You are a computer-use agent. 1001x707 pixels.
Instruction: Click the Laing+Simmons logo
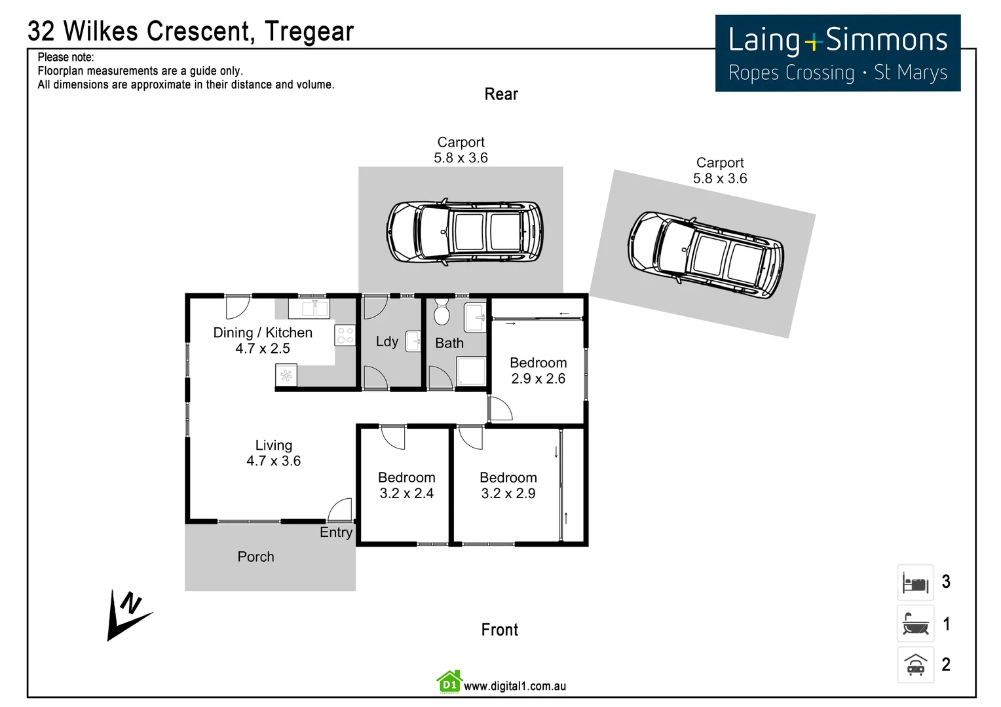click(837, 54)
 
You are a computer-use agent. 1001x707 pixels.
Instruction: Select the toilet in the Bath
click(442, 312)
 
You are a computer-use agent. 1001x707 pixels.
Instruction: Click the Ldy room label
click(387, 342)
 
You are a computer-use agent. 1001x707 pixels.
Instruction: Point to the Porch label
click(255, 557)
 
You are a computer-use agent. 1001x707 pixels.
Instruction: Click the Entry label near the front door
click(335, 532)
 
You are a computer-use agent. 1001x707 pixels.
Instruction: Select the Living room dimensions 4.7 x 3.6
click(273, 461)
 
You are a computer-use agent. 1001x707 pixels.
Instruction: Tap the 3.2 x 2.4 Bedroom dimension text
click(406, 494)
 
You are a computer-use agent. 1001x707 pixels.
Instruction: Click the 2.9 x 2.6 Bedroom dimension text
click(538, 378)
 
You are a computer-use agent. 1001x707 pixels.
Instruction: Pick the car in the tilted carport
click(706, 255)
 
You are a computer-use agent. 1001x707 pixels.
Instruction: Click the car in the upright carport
click(464, 232)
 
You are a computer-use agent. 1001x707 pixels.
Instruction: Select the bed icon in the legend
click(915, 583)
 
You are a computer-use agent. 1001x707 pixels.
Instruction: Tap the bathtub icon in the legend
click(915, 624)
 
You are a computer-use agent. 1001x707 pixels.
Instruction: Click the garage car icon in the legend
click(915, 665)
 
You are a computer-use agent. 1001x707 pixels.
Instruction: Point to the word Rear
click(501, 94)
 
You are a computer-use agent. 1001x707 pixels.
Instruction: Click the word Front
click(499, 630)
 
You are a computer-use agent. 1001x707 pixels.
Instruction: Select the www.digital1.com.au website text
click(515, 686)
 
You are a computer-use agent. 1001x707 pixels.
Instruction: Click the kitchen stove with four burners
click(345, 336)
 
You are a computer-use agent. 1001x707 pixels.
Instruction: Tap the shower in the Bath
click(471, 371)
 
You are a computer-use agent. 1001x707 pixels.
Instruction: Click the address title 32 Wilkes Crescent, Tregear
click(191, 31)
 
